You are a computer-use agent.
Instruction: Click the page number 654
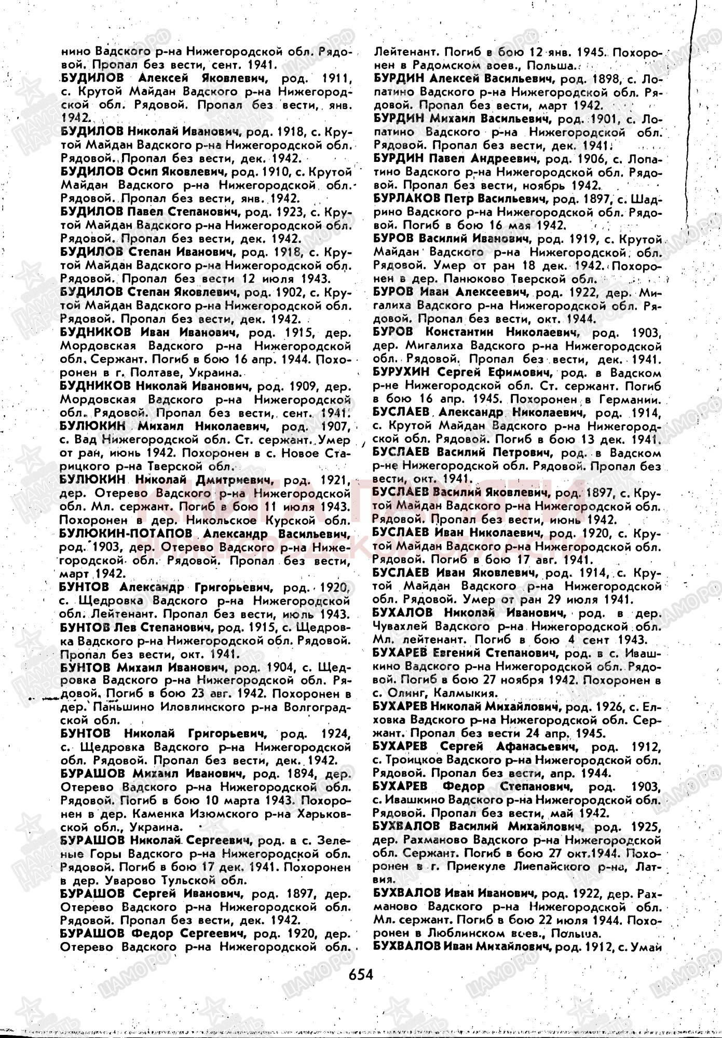tap(361, 974)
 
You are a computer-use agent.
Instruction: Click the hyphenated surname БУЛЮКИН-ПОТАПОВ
tap(127, 534)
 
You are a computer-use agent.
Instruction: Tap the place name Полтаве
tap(127, 372)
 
